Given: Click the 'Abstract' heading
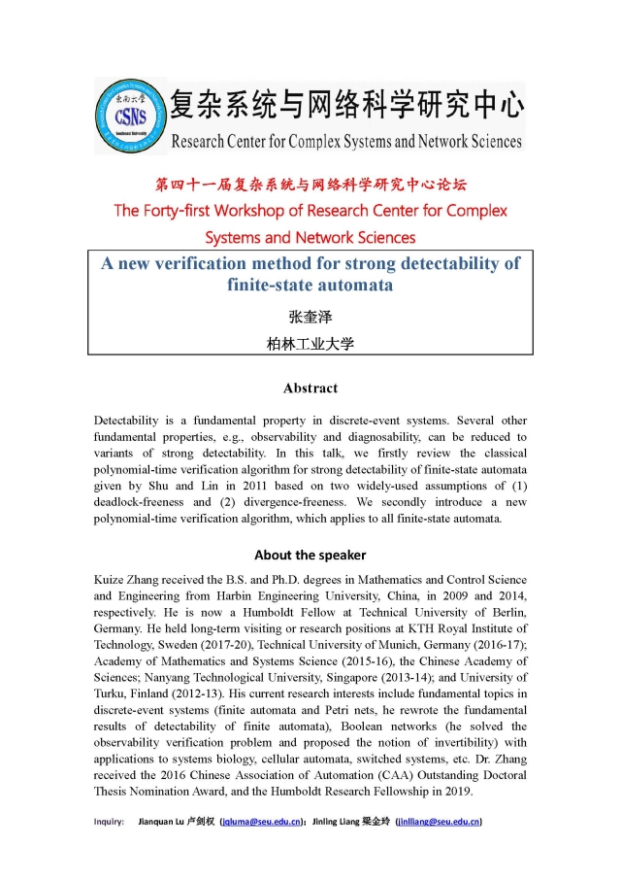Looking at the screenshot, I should tap(310, 388).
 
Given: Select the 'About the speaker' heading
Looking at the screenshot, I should tap(310, 555).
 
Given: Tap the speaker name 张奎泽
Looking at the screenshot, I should tap(310, 316).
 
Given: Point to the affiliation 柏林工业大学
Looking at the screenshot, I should tap(310, 343).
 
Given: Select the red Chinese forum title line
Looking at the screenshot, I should tap(310, 185).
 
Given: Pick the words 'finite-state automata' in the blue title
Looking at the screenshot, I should tap(310, 286).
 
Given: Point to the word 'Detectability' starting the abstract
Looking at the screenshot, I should tap(130, 421).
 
